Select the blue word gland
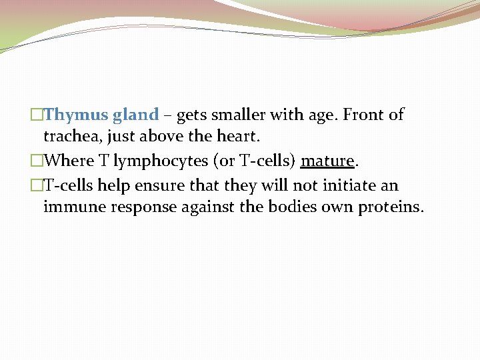[x=135, y=115]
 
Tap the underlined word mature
[x=327, y=161]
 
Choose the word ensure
[x=158, y=185]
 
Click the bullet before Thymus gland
[x=37, y=115]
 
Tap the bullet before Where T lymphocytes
[x=37, y=161]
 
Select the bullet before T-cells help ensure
[x=37, y=185]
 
